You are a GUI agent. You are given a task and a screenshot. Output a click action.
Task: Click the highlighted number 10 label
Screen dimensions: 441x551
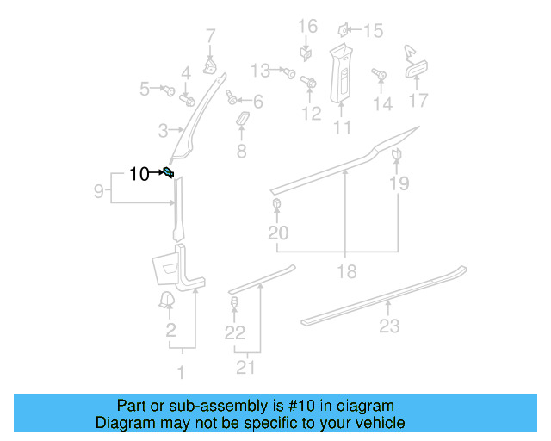point(139,174)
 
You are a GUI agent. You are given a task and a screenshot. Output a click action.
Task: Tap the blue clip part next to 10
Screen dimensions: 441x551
point(169,174)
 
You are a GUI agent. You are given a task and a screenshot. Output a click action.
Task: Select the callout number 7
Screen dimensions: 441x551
point(210,36)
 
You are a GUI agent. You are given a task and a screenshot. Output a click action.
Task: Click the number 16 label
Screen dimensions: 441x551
point(307,27)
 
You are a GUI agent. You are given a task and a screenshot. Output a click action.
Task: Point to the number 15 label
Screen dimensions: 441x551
point(373,32)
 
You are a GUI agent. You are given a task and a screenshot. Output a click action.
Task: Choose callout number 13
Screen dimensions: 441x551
point(260,70)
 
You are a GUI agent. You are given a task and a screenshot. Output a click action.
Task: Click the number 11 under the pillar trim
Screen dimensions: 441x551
point(342,128)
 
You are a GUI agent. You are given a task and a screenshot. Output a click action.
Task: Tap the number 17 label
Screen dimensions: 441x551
point(418,101)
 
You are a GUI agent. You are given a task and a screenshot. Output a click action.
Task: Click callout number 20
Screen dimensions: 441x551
point(278,233)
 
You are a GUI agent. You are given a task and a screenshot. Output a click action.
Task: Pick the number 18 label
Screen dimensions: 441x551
point(346,272)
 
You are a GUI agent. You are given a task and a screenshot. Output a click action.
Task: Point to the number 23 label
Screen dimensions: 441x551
point(390,326)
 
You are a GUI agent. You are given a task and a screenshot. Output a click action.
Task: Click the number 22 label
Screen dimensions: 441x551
point(235,332)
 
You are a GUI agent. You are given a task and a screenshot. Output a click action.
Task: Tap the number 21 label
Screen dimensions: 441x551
point(247,369)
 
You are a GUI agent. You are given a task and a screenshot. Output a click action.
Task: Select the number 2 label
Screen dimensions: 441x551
point(170,331)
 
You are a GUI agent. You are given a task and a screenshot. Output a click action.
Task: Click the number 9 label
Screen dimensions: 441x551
point(99,190)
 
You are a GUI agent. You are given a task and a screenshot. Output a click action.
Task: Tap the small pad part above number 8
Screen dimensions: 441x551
point(242,117)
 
